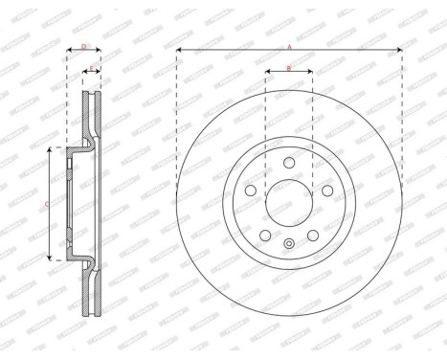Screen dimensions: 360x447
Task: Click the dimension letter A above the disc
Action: (289, 45)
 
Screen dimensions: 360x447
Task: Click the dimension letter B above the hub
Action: (289, 68)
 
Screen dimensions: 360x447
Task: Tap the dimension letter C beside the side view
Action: (47, 204)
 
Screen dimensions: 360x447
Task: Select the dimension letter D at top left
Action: (84, 45)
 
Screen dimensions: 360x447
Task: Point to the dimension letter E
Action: (92, 68)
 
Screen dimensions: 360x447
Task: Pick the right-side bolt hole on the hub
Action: (327, 191)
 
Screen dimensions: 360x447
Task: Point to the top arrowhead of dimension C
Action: (53, 151)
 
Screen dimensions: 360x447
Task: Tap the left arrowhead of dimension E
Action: (86, 74)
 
